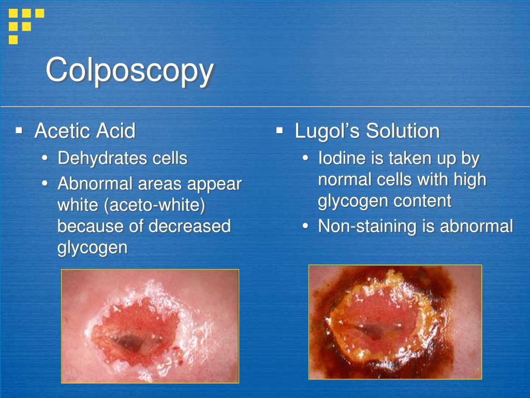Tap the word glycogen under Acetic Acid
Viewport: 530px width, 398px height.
[92, 247]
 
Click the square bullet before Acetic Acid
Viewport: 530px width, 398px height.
[19, 130]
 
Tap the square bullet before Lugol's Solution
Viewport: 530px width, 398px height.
[279, 130]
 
